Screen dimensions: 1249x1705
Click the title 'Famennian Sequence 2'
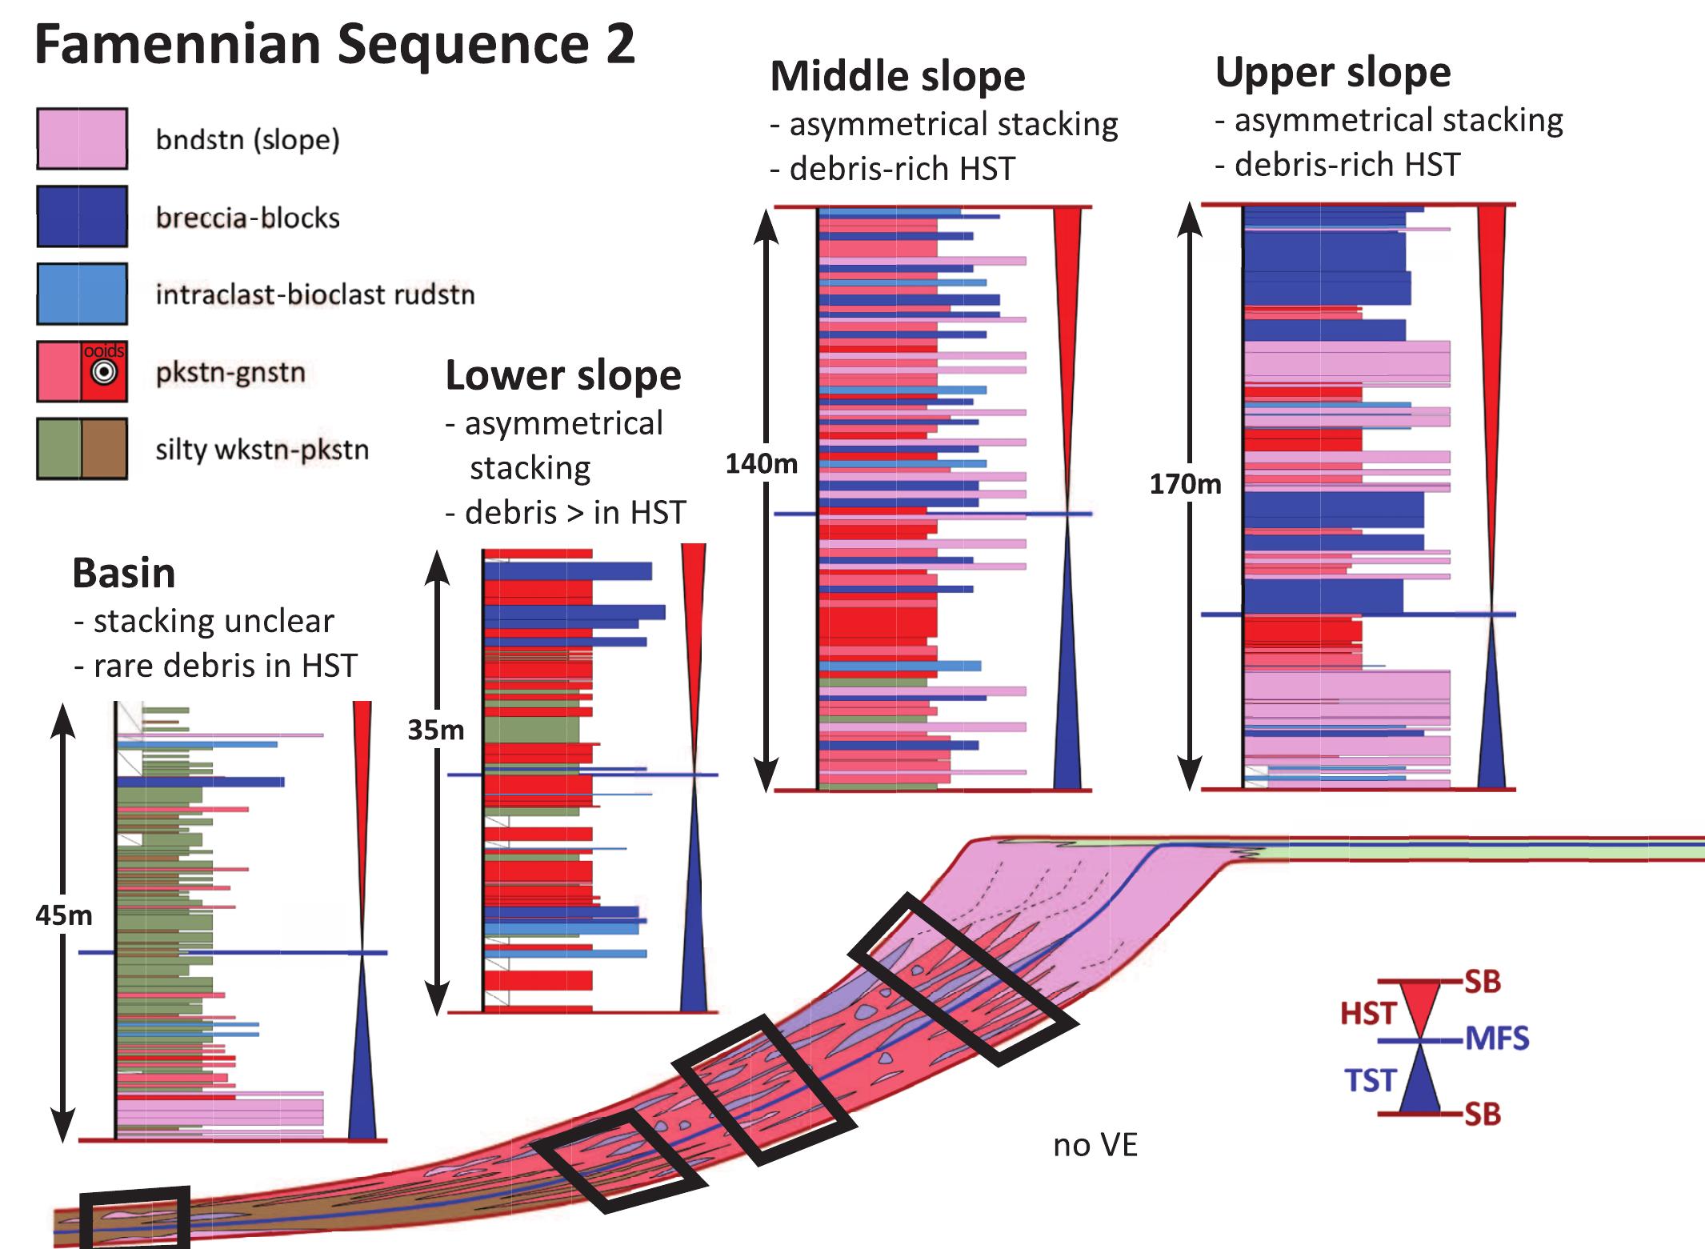[x=334, y=45]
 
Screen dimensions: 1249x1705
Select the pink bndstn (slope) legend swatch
[x=82, y=138]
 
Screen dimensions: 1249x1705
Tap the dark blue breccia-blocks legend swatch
[x=82, y=216]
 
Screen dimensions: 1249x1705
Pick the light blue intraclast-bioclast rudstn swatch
[x=82, y=294]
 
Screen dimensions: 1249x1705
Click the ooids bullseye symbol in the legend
[x=104, y=373]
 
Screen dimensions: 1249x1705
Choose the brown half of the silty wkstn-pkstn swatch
[x=105, y=449]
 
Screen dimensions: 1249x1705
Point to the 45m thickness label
[x=63, y=915]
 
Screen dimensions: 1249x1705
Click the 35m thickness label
[x=435, y=730]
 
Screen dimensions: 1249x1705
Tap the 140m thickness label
[x=761, y=463]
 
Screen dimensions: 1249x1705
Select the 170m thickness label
[x=1185, y=483]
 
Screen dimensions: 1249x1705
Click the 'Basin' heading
[x=124, y=573]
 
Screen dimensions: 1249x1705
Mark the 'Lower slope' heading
[x=562, y=375]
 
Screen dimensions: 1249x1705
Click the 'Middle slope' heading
[x=897, y=77]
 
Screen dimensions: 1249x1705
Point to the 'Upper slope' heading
[x=1332, y=72]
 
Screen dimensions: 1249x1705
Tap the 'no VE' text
[x=1095, y=1145]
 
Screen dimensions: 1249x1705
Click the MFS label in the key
[x=1496, y=1039]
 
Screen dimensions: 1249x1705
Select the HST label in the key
[x=1368, y=1014]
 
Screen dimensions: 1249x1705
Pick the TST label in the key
[x=1370, y=1080]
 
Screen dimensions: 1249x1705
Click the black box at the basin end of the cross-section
[x=135, y=1217]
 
